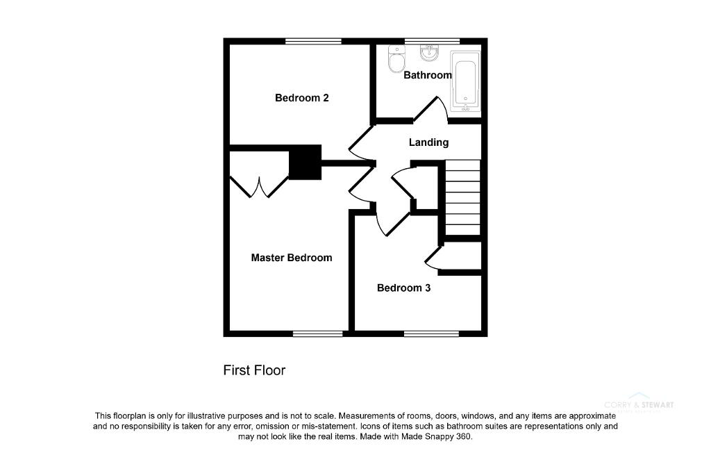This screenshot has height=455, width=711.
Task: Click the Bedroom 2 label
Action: pos(301,98)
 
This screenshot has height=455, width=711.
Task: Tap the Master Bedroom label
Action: pos(291,258)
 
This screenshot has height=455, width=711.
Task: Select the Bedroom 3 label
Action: pos(403,288)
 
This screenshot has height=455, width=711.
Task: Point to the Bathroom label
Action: pos(428,75)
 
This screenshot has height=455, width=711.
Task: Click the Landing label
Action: pos(428,142)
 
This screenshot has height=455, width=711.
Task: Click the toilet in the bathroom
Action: pos(396,59)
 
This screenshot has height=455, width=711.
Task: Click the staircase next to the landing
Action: pos(462,198)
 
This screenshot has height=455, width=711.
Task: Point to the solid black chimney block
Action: pos(305,163)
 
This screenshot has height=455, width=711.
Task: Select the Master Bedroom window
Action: pos(317,333)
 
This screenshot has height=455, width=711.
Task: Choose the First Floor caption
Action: pos(254,370)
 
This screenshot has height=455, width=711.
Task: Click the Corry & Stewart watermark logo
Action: pos(639,406)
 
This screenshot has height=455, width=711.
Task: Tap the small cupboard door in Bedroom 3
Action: pos(434,258)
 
